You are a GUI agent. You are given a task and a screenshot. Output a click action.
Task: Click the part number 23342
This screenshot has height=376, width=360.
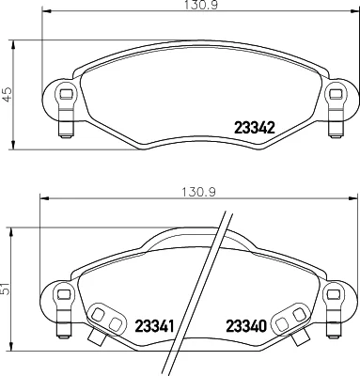click(255, 128)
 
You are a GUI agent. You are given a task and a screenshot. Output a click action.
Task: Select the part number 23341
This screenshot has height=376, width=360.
click(154, 326)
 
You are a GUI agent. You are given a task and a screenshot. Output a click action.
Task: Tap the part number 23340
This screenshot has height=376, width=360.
click(246, 326)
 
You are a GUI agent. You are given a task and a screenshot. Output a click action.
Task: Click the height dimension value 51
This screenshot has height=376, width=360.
click(6, 288)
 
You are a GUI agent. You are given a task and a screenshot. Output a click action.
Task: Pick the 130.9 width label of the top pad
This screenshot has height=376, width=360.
click(201, 5)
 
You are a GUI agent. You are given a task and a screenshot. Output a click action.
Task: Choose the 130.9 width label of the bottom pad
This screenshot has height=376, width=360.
click(198, 192)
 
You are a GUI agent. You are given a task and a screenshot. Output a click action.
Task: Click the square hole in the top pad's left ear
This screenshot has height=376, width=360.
click(66, 94)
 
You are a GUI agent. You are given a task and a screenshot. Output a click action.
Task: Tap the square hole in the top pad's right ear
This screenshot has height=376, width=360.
click(336, 94)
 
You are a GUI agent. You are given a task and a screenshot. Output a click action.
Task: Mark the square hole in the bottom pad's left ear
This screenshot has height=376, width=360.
click(64, 294)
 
